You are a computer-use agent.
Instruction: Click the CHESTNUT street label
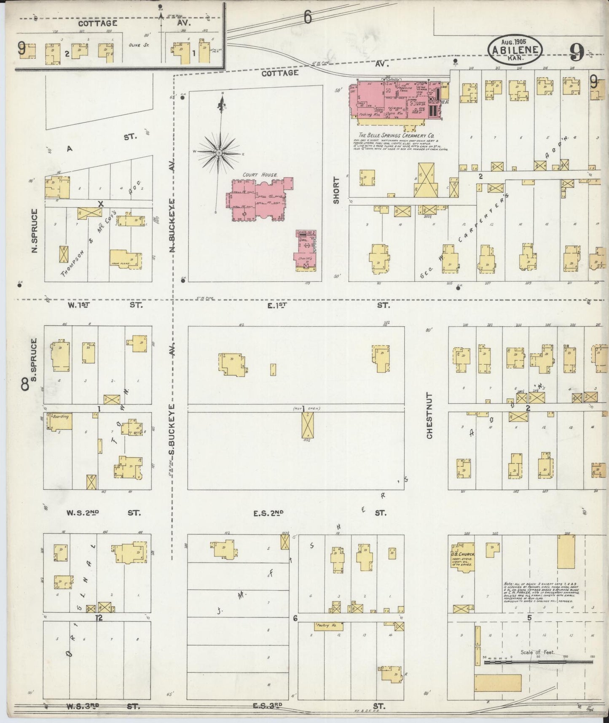click(429, 415)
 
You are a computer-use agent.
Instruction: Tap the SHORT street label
click(336, 191)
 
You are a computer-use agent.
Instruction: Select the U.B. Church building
click(462, 556)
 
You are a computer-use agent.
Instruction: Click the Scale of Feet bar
click(539, 663)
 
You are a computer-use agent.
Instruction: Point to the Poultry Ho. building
click(328, 627)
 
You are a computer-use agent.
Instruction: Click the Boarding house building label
click(60, 417)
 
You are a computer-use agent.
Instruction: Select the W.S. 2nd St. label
click(83, 513)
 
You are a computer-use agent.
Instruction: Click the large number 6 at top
click(308, 17)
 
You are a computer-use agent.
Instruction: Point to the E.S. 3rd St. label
click(268, 705)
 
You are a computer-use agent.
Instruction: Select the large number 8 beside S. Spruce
click(25, 384)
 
